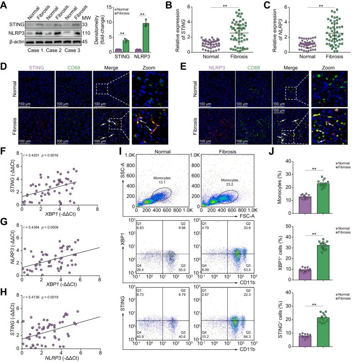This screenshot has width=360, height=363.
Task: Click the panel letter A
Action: coord(4,5)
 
